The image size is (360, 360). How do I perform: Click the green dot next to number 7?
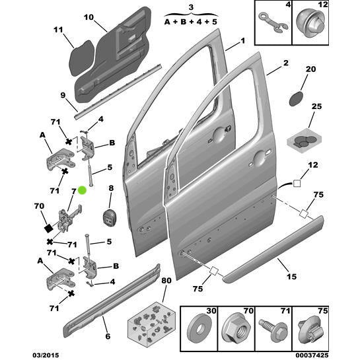click(82, 190)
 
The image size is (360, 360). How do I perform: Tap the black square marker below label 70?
click(49, 228)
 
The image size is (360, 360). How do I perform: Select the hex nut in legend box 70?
click(236, 330)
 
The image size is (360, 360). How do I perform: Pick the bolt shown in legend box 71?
click(273, 330)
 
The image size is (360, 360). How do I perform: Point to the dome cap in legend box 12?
click(310, 24)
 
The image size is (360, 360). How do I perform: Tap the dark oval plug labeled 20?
click(296, 98)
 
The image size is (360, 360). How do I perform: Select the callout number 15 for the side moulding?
click(291, 276)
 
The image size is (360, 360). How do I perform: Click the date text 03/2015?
click(46, 355)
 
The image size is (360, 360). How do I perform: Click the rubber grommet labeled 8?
click(109, 217)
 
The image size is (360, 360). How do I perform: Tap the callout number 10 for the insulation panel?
click(89, 17)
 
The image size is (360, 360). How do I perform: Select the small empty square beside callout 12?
click(297, 184)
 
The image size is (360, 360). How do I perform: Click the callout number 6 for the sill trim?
click(108, 336)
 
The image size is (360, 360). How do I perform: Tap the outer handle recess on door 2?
click(259, 159)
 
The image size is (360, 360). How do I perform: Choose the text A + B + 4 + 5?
click(190, 22)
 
